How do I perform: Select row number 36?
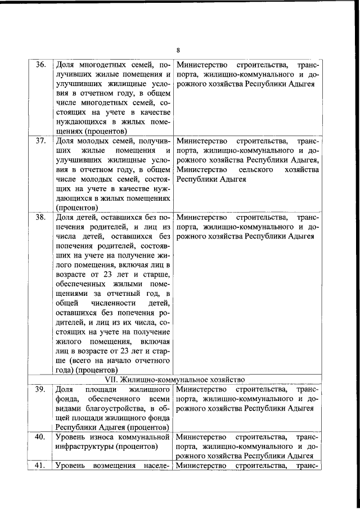coord(40,64)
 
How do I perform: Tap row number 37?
coord(40,141)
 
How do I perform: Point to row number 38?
coord(40,217)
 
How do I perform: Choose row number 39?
coord(40,390)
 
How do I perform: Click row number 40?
coord(40,436)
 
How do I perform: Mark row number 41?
coord(40,466)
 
